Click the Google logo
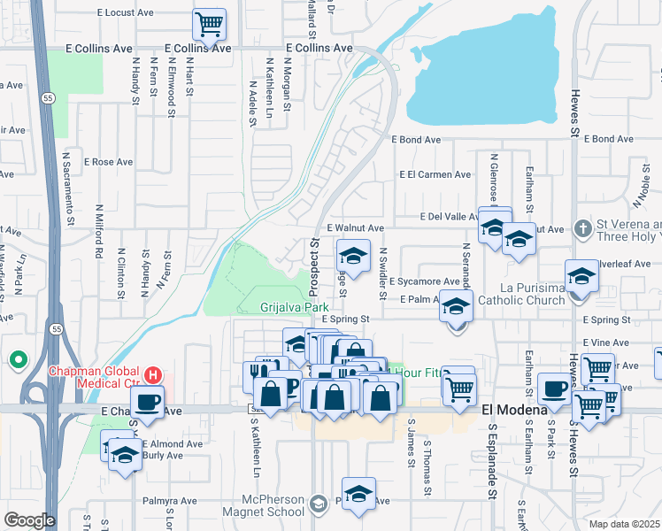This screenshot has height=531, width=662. [x=29, y=520]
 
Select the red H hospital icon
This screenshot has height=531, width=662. [x=154, y=374]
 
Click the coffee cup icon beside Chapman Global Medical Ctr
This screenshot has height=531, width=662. [x=147, y=400]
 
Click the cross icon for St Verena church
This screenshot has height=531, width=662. [x=582, y=229]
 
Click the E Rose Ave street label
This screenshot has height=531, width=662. [x=108, y=162]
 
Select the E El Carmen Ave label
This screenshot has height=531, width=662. [x=435, y=174]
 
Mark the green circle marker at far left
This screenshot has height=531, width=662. [x=18, y=360]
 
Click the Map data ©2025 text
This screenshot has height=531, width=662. [x=624, y=524]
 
